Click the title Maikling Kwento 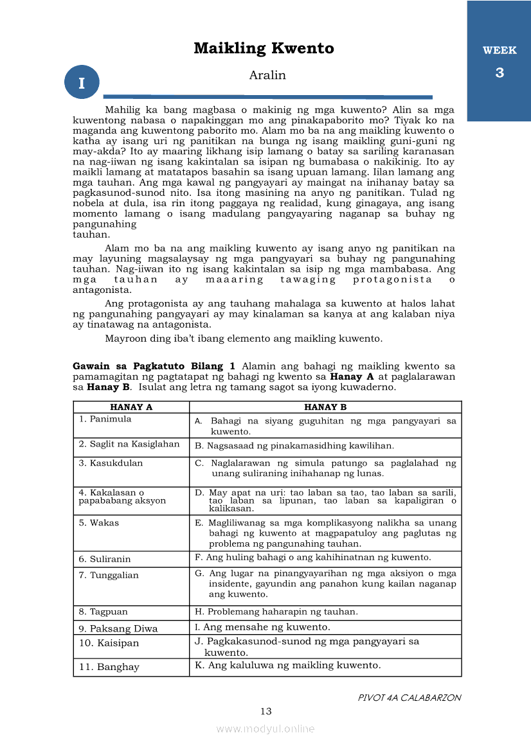(x=264, y=49)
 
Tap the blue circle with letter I (x=82, y=82)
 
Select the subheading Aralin (x=267, y=75)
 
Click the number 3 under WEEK (x=500, y=73)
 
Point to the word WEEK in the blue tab (x=500, y=51)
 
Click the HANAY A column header (x=131, y=407)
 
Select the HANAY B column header (x=325, y=407)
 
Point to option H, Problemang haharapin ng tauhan (x=276, y=612)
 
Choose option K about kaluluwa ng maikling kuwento (x=288, y=666)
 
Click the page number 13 (x=266, y=711)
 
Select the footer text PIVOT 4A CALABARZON (x=410, y=698)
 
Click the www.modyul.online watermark (x=265, y=729)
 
